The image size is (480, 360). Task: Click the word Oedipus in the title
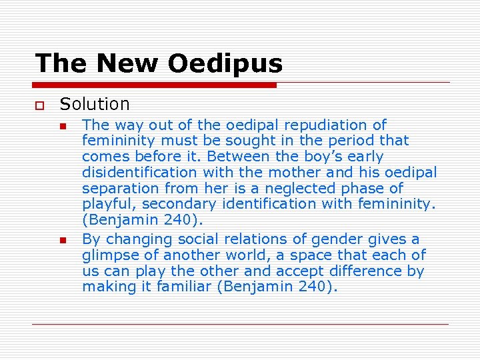(x=225, y=64)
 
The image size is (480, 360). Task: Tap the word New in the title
(x=128, y=64)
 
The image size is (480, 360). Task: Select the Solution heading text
(x=95, y=104)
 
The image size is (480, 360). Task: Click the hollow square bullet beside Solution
(x=40, y=105)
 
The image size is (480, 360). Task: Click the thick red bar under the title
(x=155, y=85)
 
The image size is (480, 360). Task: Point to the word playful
(x=103, y=205)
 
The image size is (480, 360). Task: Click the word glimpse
(x=108, y=255)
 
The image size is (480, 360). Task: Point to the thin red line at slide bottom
(x=240, y=324)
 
